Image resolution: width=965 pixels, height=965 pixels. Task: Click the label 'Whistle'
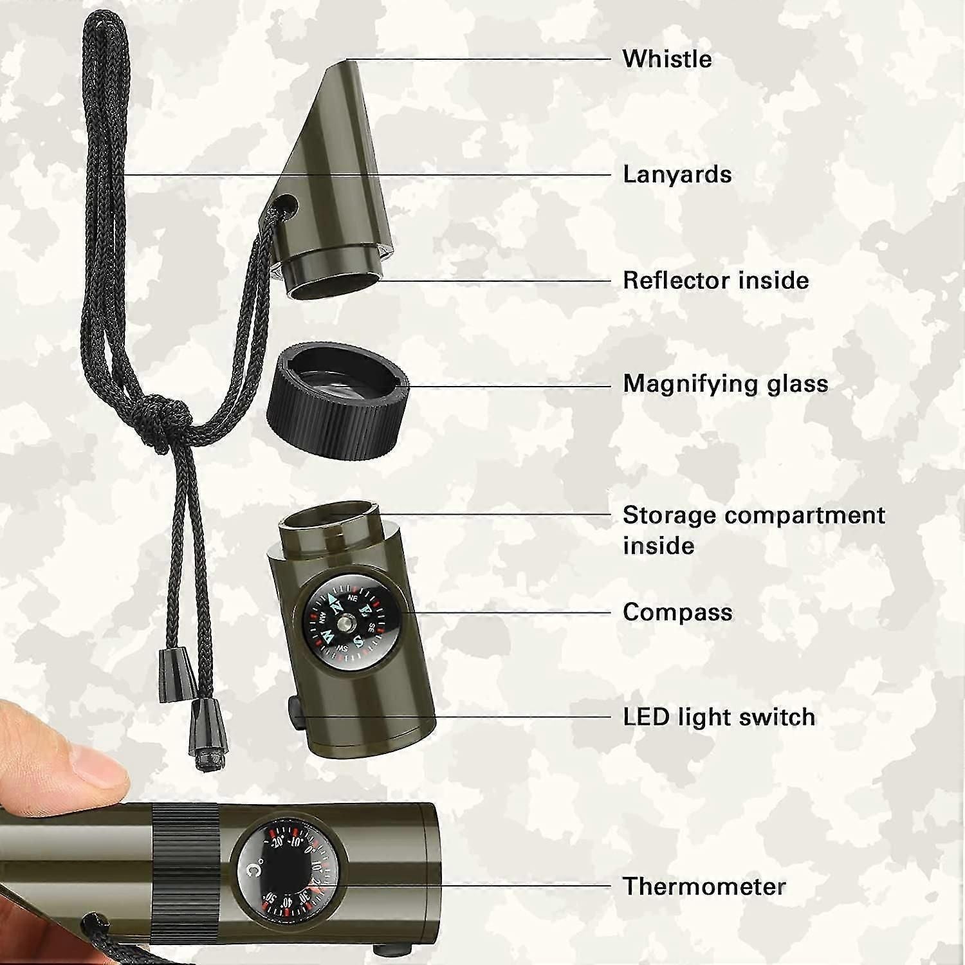[x=667, y=59]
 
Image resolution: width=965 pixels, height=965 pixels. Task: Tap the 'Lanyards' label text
[x=677, y=174]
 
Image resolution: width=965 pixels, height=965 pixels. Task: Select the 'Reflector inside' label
[x=715, y=280]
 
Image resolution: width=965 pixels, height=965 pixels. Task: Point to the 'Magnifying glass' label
[x=725, y=384]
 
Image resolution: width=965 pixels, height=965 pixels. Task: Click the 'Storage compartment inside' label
[x=754, y=530]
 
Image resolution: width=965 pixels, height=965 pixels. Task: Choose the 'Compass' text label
[x=677, y=612]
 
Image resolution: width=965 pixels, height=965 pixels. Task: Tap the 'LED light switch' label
[x=719, y=717]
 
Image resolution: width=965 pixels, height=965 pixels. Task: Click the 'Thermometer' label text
[x=704, y=887]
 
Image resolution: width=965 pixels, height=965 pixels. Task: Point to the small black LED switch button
[x=295, y=714]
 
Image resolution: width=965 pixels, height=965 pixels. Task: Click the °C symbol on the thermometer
[x=255, y=870]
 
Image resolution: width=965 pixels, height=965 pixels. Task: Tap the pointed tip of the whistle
[x=348, y=60]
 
